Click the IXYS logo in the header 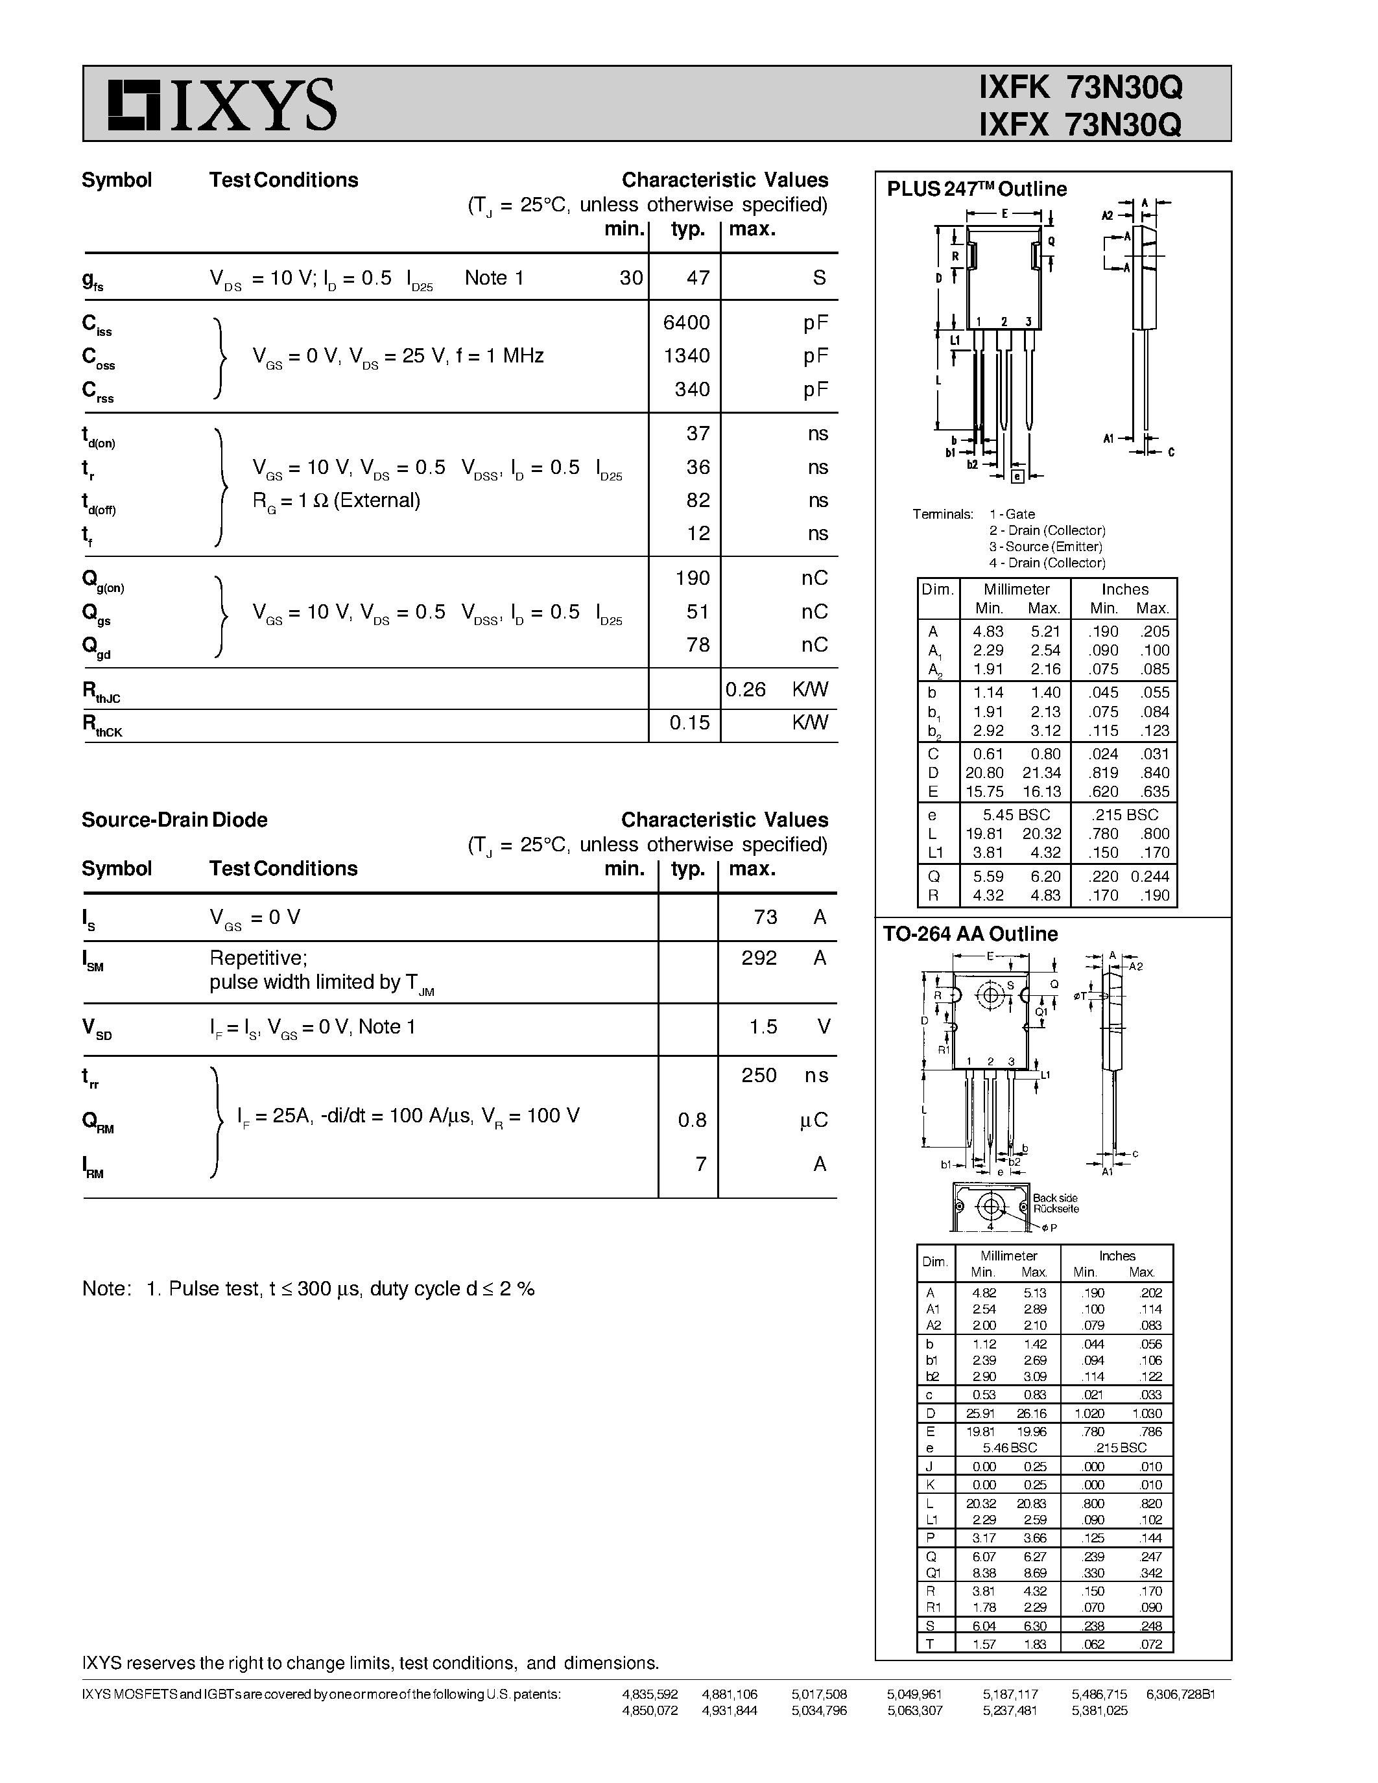[x=222, y=104]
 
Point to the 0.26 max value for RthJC [x=745, y=690]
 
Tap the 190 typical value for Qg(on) [x=693, y=578]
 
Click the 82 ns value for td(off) [x=697, y=500]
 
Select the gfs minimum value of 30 [x=630, y=277]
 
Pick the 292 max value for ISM [x=759, y=958]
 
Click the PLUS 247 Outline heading [x=977, y=189]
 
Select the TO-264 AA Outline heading [x=970, y=934]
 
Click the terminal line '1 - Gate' [x=1012, y=514]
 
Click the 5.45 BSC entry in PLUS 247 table [x=1016, y=815]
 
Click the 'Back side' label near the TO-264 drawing [x=1054, y=1198]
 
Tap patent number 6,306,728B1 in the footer [x=1180, y=1694]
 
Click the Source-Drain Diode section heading [x=174, y=820]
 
